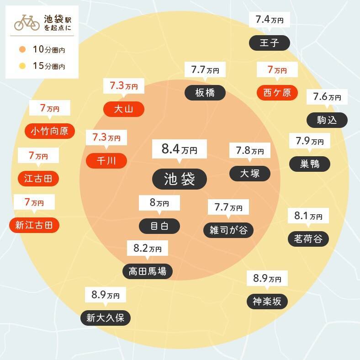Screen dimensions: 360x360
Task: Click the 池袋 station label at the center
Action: [x=180, y=179]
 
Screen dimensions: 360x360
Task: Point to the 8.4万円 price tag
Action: [x=180, y=149]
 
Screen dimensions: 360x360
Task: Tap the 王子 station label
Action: [x=269, y=43]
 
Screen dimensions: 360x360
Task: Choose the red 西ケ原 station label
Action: [x=277, y=93]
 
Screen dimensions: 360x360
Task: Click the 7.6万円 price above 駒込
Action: [x=327, y=97]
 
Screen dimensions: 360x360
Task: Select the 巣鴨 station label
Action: [x=310, y=164]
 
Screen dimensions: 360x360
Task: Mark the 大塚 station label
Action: [x=249, y=173]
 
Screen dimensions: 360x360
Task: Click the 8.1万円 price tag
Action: [x=308, y=216]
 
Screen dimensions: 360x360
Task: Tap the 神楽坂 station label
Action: [x=267, y=301]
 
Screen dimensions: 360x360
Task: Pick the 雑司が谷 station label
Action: [x=228, y=230]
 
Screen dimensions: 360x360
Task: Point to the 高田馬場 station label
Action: [x=147, y=271]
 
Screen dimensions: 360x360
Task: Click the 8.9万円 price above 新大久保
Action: [x=105, y=295]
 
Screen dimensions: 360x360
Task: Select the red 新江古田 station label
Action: [x=34, y=225]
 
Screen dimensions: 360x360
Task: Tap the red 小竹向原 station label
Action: [x=49, y=131]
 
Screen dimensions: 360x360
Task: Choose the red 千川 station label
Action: [x=106, y=160]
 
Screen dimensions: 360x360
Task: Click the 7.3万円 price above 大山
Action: [x=124, y=86]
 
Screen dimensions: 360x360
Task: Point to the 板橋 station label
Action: [x=205, y=92]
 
